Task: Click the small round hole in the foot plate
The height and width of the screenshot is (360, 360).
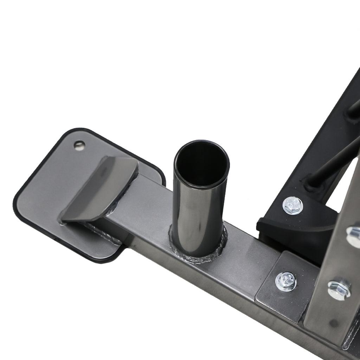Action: [79, 145]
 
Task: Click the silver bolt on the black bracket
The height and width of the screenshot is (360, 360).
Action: [293, 205]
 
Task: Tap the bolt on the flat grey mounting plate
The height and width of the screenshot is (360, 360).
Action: [286, 281]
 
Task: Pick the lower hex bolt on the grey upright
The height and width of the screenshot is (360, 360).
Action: [339, 289]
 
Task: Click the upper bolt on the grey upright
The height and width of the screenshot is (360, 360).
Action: [353, 236]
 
